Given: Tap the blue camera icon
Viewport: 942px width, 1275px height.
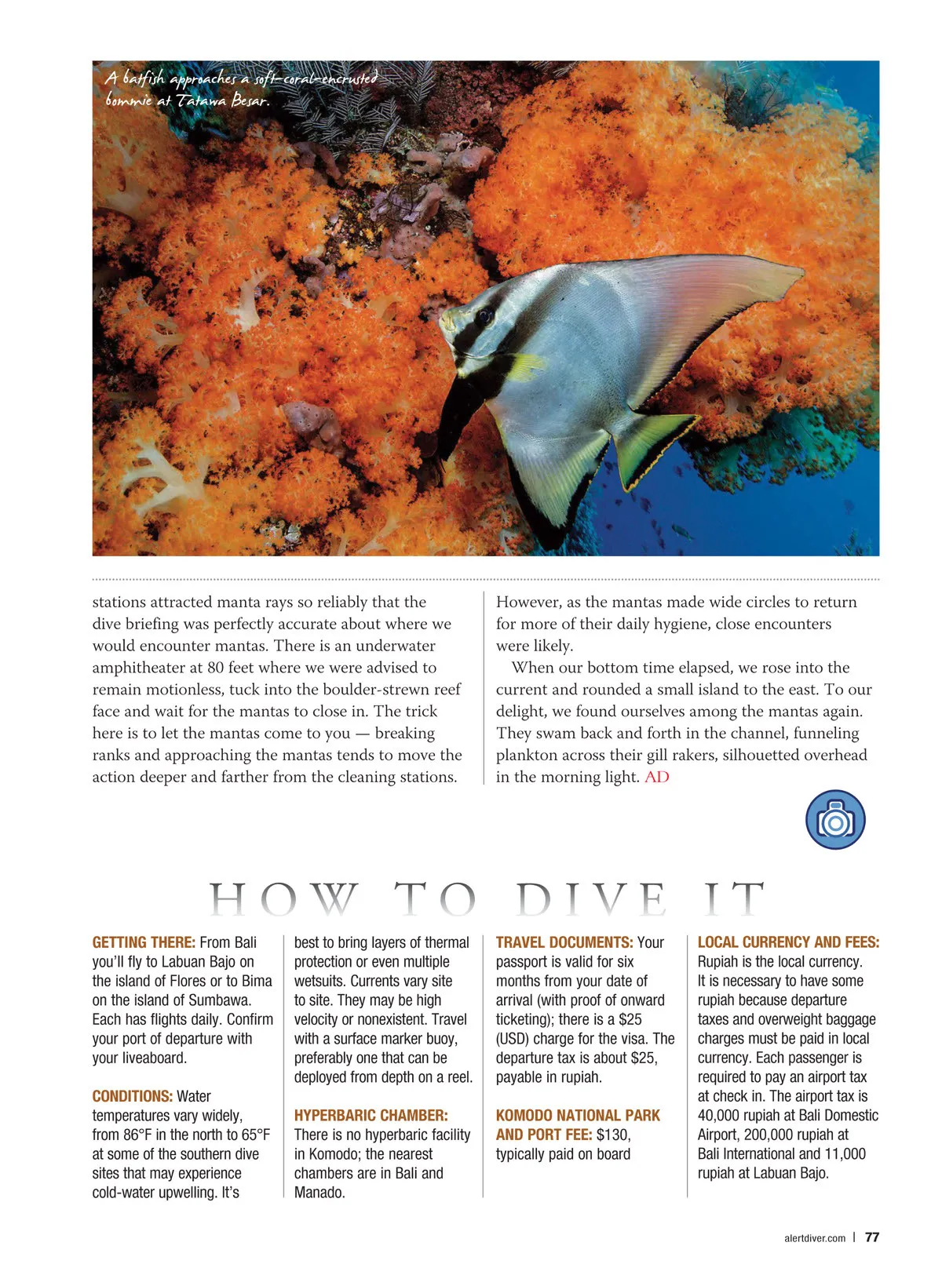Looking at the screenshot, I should point(835,820).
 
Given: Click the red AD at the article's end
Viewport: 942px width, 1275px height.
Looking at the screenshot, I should point(657,777).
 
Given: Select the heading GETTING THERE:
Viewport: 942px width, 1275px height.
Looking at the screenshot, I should point(144,942).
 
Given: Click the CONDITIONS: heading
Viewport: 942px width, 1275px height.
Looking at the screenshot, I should point(133,1096).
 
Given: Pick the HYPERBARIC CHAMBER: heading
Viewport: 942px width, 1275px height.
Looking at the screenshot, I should point(371,1116).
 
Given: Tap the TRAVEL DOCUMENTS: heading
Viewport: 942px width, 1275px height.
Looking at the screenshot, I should point(564,942).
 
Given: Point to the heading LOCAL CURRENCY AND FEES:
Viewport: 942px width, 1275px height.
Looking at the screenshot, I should point(788,942).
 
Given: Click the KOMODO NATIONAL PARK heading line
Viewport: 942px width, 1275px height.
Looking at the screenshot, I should point(578,1116).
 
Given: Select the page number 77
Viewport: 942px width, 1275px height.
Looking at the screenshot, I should point(871,1237).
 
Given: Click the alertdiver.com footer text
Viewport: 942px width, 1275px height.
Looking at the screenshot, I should point(815,1238).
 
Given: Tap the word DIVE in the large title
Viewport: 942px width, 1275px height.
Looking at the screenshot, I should point(591,900).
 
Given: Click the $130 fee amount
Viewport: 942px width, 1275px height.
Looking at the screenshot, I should point(613,1135).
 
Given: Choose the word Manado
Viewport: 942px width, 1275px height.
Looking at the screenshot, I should point(318,1193).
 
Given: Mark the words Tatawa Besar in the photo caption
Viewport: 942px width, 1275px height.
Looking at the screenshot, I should point(223,101).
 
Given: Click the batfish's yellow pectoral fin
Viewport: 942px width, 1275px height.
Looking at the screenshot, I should point(524,366).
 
